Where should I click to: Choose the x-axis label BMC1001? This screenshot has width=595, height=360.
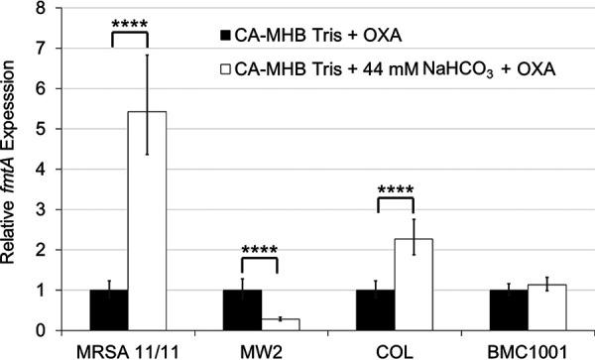coord(526,349)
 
